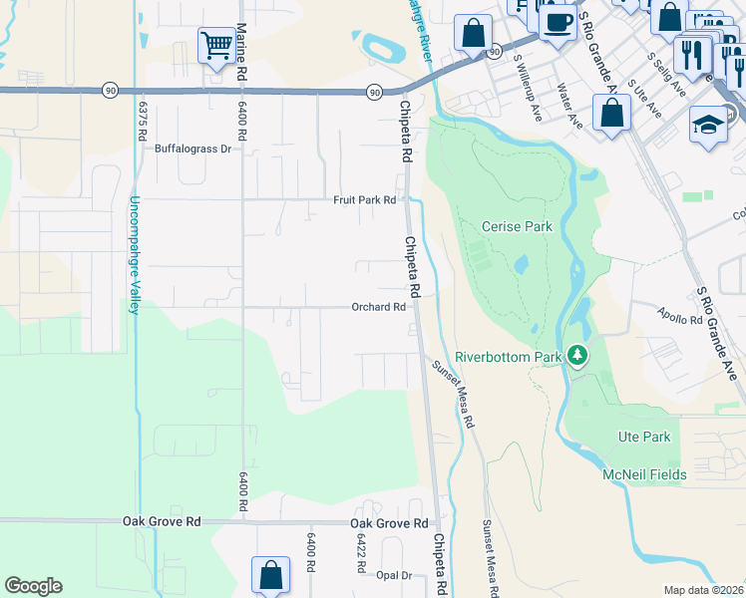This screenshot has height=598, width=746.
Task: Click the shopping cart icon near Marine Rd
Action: (x=215, y=45)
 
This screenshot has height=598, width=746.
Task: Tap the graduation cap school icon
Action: (x=708, y=125)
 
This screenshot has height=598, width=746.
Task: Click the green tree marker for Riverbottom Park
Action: (x=576, y=355)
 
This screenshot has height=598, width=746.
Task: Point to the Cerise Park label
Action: (x=517, y=226)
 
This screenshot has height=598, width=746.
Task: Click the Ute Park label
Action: (x=644, y=437)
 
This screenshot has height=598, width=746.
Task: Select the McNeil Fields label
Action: (x=644, y=474)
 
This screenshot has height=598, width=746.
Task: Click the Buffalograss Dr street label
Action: (x=192, y=149)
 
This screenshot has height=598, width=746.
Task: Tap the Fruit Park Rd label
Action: (x=364, y=200)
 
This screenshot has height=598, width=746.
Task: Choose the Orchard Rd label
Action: (x=378, y=307)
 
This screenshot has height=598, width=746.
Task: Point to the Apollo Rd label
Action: (x=680, y=320)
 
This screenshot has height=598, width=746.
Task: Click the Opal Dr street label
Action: (x=394, y=575)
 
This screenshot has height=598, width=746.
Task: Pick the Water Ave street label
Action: (x=569, y=107)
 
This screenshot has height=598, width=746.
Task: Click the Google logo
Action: (x=33, y=586)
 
